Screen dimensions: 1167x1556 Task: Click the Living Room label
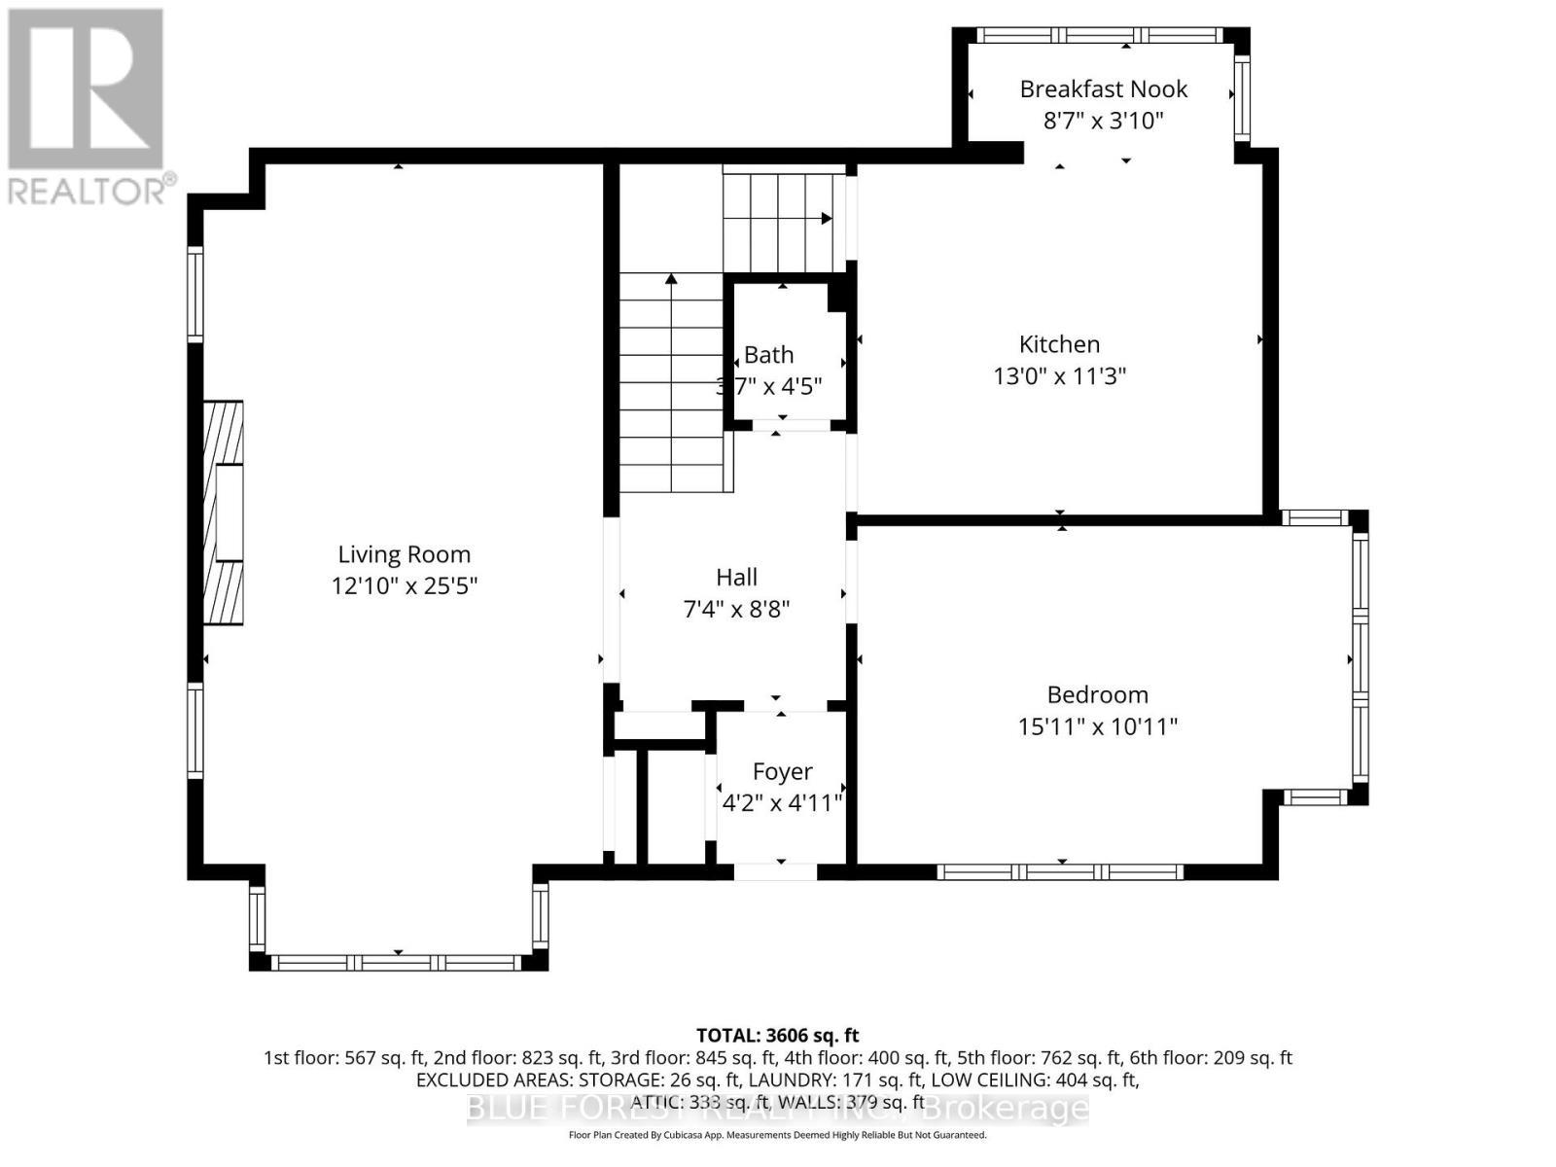pyautogui.click(x=404, y=554)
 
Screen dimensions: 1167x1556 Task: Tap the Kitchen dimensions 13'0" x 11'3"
pyautogui.click(x=1059, y=375)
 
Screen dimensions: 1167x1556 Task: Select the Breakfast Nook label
pyautogui.click(x=1103, y=88)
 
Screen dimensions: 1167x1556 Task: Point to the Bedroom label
pyautogui.click(x=1097, y=694)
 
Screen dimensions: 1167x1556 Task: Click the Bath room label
pyautogui.click(x=768, y=355)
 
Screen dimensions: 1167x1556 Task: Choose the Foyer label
pyautogui.click(x=782, y=771)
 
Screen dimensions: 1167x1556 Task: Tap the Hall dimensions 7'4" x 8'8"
pyautogui.click(x=736, y=610)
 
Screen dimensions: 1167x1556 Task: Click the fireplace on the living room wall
pyautogui.click(x=223, y=513)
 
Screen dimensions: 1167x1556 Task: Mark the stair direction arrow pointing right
pyautogui.click(x=826, y=219)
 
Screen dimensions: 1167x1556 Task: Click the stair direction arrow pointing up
pyautogui.click(x=671, y=280)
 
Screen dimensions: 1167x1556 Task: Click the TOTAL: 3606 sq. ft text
pyautogui.click(x=777, y=1036)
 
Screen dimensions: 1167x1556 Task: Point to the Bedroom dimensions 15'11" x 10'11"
pyautogui.click(x=1097, y=726)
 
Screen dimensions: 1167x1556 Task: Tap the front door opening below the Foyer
pyautogui.click(x=775, y=871)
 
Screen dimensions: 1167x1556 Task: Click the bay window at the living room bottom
pyautogui.click(x=396, y=963)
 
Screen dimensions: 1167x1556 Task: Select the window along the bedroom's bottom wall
pyautogui.click(x=1060, y=871)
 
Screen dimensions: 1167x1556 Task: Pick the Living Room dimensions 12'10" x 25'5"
pyautogui.click(x=404, y=586)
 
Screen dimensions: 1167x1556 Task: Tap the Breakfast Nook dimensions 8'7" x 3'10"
pyautogui.click(x=1103, y=121)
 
